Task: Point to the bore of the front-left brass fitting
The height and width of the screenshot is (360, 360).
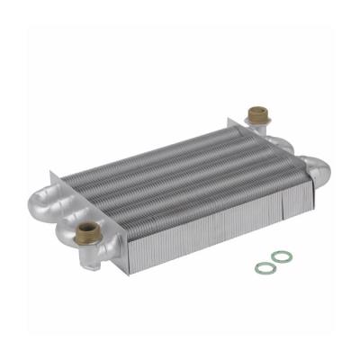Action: coord(88,228)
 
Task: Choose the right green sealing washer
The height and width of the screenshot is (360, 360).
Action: coord(282,257)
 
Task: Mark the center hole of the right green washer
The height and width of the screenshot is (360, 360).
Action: coord(282,257)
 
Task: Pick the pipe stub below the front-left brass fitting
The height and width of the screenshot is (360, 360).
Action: coord(90,256)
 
